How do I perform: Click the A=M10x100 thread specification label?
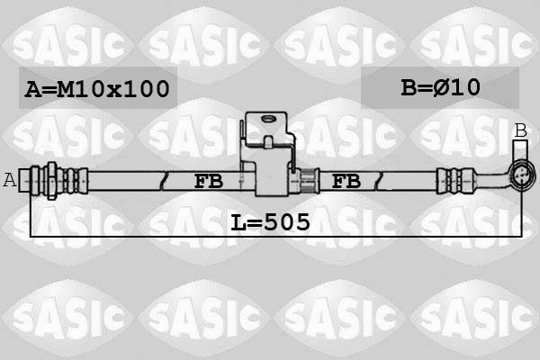tap(97, 88)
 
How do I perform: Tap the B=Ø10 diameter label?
tap(440, 87)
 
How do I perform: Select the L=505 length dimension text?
tap(270, 222)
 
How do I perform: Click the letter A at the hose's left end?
tap(10, 180)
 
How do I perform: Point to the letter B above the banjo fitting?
tap(521, 130)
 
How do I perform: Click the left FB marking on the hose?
tap(209, 181)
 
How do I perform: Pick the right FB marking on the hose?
tap(346, 181)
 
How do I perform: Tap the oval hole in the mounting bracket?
tap(268, 119)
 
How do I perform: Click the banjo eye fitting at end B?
tap(521, 175)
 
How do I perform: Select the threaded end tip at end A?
tap(24, 180)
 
